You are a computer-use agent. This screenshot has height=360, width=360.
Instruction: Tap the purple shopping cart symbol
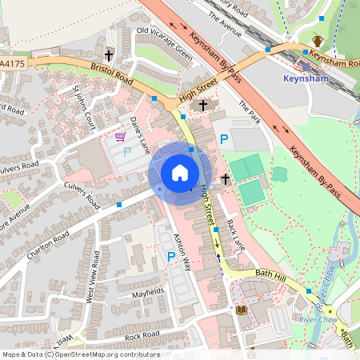pyautogui.click(x=120, y=137)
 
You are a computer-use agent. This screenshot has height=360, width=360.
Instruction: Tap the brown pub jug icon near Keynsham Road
pyautogui.click(x=317, y=41)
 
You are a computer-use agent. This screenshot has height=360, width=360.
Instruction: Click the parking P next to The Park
pyautogui.click(x=224, y=139)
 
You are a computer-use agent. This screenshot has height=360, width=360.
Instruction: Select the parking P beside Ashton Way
pyautogui.click(x=170, y=256)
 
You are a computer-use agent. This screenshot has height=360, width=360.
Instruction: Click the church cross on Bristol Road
pyautogui.click(x=108, y=56)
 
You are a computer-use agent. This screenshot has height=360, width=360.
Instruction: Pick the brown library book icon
pyautogui.click(x=242, y=310)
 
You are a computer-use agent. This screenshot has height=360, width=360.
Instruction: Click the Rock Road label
pyautogui.click(x=142, y=334)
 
